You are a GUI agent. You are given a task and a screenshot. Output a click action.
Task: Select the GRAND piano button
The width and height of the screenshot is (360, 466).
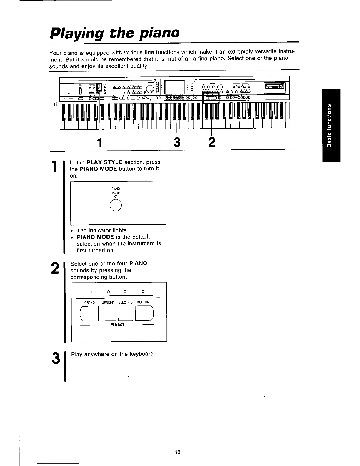[x=89, y=313]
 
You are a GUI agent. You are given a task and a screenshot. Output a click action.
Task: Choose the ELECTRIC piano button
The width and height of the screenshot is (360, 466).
[x=126, y=313]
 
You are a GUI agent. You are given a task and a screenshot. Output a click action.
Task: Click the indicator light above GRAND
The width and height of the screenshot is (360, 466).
[x=90, y=292]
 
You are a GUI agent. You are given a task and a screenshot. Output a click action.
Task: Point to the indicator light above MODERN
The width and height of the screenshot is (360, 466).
[x=143, y=292]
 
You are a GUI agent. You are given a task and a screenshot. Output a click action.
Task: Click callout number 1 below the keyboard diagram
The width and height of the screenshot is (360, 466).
[x=100, y=143]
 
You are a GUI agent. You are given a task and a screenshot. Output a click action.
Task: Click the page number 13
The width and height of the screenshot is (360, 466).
[x=177, y=452]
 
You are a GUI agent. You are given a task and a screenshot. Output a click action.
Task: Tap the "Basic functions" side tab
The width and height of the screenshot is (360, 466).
[x=331, y=125]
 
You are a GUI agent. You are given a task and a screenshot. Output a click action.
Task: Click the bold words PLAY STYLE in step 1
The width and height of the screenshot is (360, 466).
[x=105, y=162]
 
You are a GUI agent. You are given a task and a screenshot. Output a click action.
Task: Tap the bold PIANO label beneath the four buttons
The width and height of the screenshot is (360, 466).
[x=117, y=325]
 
